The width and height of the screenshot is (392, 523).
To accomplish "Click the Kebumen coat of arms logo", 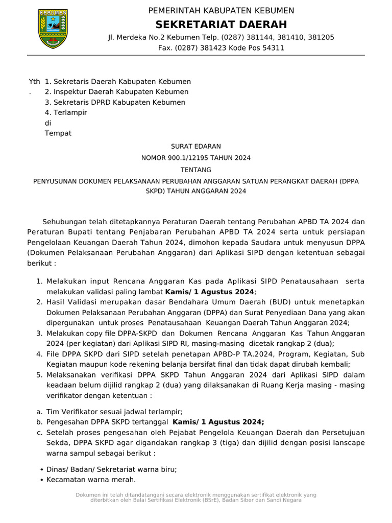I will click(x=53, y=29).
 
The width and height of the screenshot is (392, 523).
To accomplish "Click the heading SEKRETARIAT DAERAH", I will click(x=221, y=25).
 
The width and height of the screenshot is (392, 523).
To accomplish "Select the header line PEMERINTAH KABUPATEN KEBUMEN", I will click(x=221, y=11).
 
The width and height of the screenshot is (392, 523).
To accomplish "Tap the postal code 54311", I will click(x=273, y=48).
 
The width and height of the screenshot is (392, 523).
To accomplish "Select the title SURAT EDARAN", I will click(x=196, y=146).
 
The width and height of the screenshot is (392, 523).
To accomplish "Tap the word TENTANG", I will click(x=196, y=170).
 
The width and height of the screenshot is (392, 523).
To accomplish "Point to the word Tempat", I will click(x=58, y=134).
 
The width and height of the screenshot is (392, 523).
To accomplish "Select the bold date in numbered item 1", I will click(x=209, y=292).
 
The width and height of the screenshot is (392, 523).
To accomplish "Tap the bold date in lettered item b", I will click(x=218, y=422).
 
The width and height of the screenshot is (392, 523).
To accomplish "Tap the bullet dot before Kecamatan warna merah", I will click(x=41, y=480).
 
